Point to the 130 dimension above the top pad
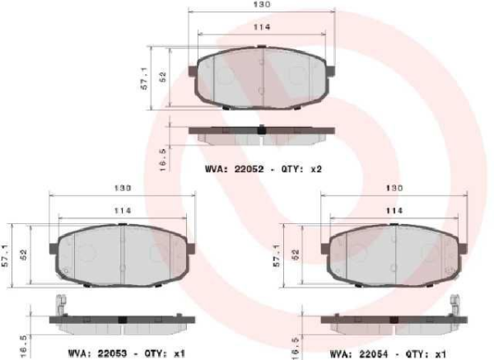coord(260,5)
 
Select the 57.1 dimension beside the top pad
coord(144,78)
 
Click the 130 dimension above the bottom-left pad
coord(121,188)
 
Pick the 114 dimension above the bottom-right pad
coord(393,211)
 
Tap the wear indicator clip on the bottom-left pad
coord(59,306)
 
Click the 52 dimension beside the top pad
coord(163,76)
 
